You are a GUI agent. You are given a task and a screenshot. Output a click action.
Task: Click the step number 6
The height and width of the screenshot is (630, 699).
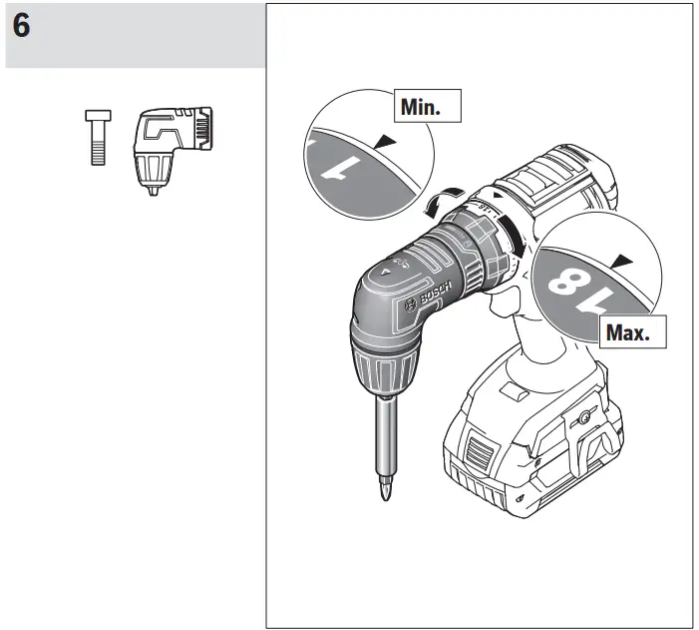click(21, 27)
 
